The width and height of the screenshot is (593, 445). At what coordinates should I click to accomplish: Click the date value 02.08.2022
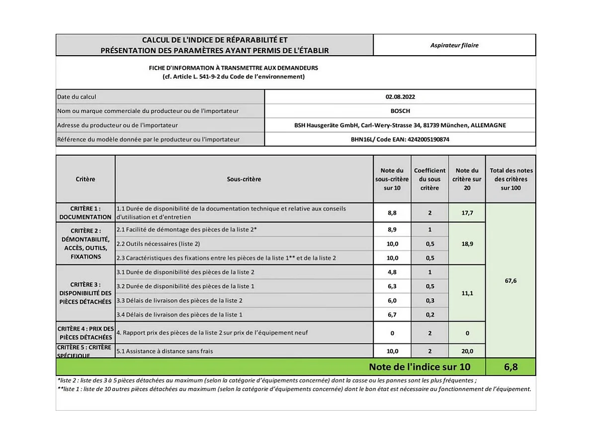coord(400,97)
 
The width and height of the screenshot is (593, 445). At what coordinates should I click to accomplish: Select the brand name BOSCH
coord(400,111)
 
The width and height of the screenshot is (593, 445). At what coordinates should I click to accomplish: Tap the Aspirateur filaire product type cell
coord(454,45)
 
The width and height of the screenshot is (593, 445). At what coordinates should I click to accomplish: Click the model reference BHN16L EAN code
coord(400,139)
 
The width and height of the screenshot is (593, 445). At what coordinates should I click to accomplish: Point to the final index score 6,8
coord(510,367)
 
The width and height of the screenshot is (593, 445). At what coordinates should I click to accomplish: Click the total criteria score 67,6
coord(510,281)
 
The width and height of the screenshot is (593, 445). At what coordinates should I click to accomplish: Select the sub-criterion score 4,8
coord(392,272)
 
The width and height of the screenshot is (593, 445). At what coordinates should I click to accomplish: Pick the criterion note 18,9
coord(467,244)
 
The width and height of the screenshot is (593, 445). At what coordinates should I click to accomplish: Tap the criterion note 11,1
coord(467,293)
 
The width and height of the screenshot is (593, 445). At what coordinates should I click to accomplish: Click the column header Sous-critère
coord(244,179)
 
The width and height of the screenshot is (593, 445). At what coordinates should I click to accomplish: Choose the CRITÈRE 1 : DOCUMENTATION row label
coord(85,213)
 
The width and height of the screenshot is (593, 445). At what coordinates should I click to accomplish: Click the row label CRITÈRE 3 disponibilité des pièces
coord(85,293)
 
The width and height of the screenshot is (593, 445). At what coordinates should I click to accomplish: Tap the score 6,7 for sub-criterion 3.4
coord(392,315)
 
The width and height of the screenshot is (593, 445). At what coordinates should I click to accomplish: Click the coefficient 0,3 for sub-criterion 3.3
coord(429,301)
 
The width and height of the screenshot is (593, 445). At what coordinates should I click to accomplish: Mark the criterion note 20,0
coord(467,351)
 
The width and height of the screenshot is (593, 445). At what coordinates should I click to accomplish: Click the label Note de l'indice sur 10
coord(419,367)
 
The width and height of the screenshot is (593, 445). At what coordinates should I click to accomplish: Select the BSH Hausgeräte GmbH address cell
coord(400,125)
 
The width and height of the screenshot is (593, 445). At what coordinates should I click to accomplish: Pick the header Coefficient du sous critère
coord(429,179)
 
